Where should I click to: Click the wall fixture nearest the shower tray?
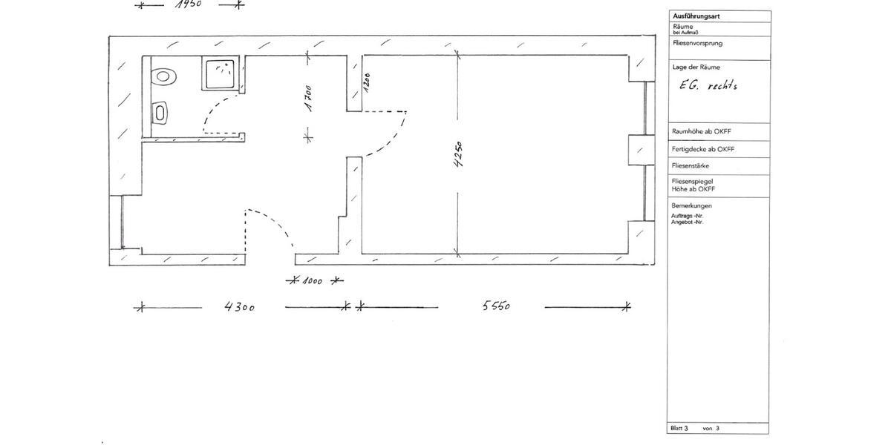[x=163, y=76]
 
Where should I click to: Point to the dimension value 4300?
[x=240, y=306]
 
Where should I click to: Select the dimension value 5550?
[x=495, y=306]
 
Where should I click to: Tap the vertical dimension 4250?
[x=458, y=157]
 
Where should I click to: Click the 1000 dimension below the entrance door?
[x=314, y=281]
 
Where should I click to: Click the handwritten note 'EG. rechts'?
[x=708, y=85]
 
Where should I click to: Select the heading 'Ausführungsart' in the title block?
[x=696, y=16]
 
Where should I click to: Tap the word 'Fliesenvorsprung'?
[x=696, y=43]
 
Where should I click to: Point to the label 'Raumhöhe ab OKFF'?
[x=701, y=131]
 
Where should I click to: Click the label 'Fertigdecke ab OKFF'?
[x=702, y=149]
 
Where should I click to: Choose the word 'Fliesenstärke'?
[x=690, y=166]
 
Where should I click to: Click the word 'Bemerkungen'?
[x=691, y=205]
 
